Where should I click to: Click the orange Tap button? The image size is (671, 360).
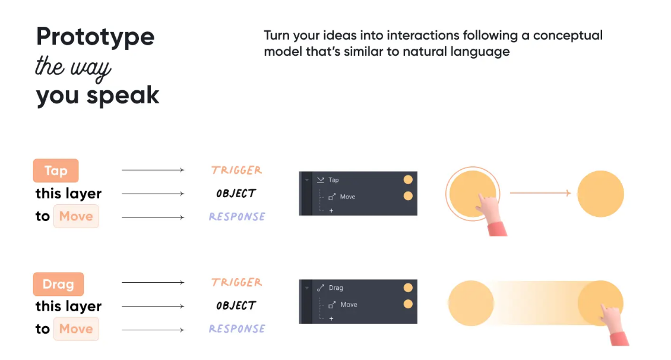(x=56, y=170)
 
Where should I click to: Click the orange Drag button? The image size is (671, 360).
(x=58, y=284)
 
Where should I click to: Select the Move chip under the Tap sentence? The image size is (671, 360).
(x=76, y=216)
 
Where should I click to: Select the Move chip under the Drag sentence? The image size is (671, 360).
(x=76, y=329)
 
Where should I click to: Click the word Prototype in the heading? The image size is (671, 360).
(x=96, y=37)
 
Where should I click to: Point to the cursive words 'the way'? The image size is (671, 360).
(x=73, y=68)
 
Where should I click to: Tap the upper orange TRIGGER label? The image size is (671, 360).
(x=237, y=170)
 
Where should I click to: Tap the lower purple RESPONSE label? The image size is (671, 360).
(x=237, y=329)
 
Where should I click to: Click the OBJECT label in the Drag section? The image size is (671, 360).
(x=236, y=305)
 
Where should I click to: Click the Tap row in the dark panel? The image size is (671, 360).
(x=359, y=180)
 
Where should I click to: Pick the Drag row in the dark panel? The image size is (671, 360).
(x=359, y=288)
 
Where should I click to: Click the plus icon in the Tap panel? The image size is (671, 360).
(x=331, y=211)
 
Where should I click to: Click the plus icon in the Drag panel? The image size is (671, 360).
(x=331, y=318)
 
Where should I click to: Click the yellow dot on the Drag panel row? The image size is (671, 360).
(x=409, y=288)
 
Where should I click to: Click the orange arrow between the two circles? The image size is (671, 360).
(x=540, y=193)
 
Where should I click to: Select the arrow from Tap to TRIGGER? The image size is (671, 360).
(x=153, y=170)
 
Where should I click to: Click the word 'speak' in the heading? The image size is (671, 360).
(x=123, y=96)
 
